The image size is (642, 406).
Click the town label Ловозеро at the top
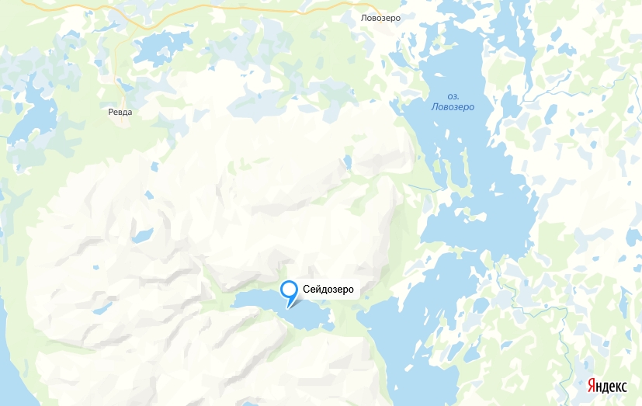coord(380,17)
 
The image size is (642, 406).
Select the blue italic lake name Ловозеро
coord(453,106)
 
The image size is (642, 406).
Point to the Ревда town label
coord(120,112)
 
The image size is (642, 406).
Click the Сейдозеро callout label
coord(328,290)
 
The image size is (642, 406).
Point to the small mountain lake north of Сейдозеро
coord(347,161)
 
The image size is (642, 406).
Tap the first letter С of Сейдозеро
coord(307,290)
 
